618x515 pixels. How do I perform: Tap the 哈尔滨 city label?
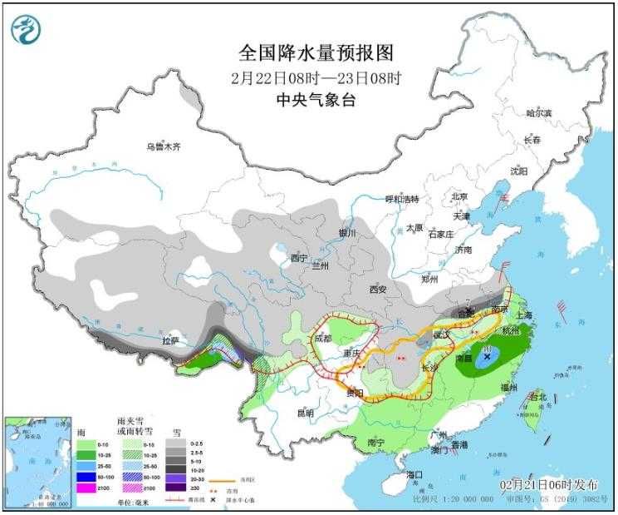[x=539, y=111]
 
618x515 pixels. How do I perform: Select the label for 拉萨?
[x=169, y=340]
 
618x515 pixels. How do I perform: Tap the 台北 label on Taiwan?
[x=538, y=398]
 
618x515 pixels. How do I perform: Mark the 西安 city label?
[x=378, y=290]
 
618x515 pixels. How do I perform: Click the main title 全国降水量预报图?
[x=315, y=52]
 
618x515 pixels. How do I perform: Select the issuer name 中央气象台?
[x=315, y=98]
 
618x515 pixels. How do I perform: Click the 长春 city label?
[x=532, y=141]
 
